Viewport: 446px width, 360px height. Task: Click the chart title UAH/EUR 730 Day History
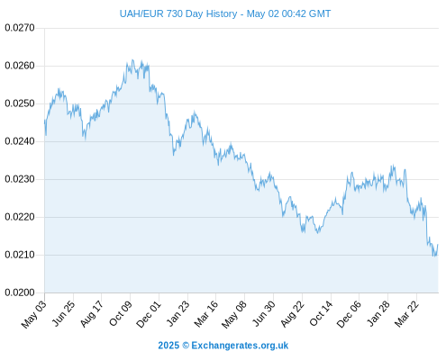(178, 13)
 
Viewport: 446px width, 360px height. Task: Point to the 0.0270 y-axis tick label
(20, 28)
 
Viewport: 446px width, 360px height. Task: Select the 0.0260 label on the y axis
(20, 66)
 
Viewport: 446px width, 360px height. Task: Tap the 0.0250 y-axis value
(20, 103)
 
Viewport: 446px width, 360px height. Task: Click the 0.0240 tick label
(20, 141)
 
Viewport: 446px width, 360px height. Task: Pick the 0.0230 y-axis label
(20, 179)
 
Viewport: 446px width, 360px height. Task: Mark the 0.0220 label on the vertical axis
(20, 217)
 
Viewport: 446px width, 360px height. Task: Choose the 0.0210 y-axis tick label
(20, 255)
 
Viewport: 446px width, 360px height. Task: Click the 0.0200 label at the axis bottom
(20, 292)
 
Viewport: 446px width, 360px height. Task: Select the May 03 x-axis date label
(34, 314)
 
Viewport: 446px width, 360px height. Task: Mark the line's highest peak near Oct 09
(132, 60)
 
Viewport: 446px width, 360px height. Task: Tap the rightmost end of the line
(438, 245)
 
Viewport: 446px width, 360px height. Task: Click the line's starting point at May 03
(45, 121)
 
